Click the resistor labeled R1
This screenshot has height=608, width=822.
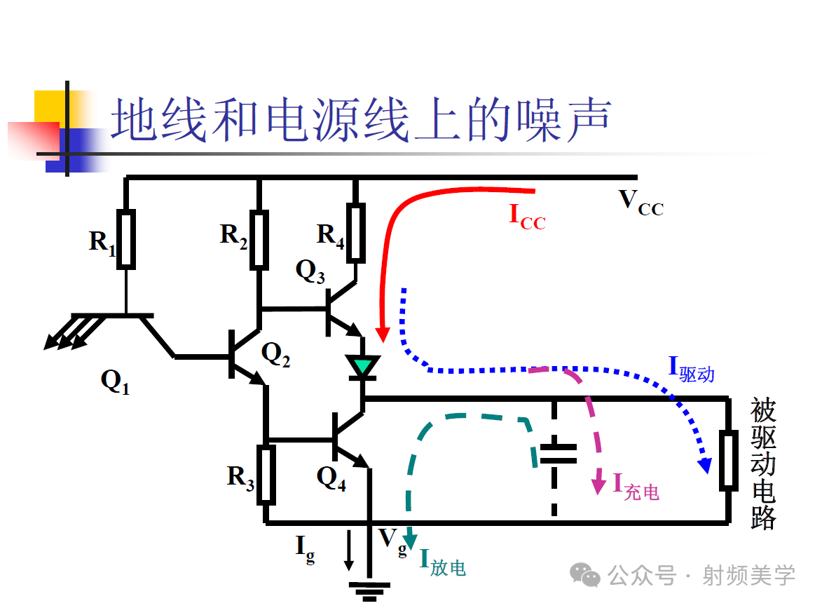(x=126, y=238)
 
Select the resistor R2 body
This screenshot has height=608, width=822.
(x=259, y=240)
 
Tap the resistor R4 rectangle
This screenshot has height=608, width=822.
(x=356, y=231)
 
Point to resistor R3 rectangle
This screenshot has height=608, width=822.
(x=266, y=474)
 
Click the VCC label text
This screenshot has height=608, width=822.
(x=640, y=203)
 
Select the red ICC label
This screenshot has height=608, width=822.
(x=526, y=216)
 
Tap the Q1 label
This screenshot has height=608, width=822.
(x=115, y=381)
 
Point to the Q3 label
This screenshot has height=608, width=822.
(x=310, y=271)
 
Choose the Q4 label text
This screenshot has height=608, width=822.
(x=331, y=478)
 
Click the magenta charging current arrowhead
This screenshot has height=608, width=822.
(x=598, y=485)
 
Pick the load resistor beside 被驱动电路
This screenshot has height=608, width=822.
(x=729, y=460)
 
